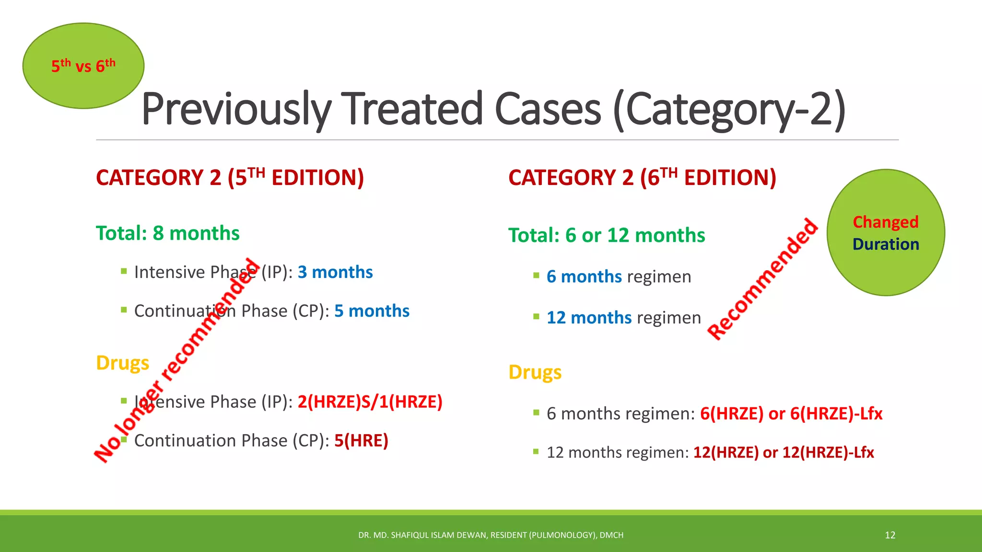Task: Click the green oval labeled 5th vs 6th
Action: click(83, 66)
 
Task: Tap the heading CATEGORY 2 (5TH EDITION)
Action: click(230, 178)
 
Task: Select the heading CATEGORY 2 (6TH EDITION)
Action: click(642, 178)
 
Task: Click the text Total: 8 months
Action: click(167, 233)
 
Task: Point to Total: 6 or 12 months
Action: click(607, 235)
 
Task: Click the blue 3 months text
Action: click(335, 272)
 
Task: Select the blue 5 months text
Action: click(372, 311)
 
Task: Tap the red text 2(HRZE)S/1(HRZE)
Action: click(370, 402)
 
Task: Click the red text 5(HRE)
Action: click(361, 440)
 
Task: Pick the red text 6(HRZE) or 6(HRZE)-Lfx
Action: click(791, 414)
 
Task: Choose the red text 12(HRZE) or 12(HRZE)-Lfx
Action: click(783, 452)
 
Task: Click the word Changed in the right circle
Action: click(885, 222)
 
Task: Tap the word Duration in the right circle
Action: click(885, 244)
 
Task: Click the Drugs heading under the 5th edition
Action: click(123, 363)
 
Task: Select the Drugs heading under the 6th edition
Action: click(535, 372)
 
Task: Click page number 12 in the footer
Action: click(890, 535)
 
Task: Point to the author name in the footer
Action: click(491, 535)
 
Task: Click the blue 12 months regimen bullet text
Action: click(623, 318)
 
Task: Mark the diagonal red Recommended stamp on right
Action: click(762, 279)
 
